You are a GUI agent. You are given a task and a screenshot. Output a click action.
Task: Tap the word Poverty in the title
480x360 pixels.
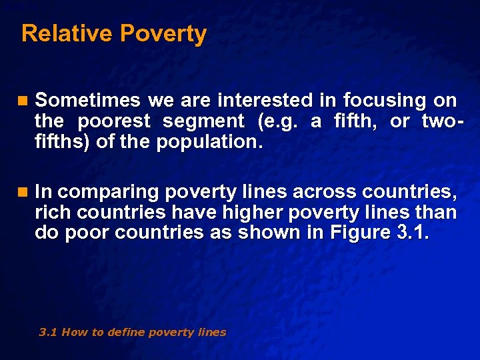point(163,33)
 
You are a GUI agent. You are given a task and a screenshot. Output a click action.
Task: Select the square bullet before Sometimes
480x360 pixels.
point(24,101)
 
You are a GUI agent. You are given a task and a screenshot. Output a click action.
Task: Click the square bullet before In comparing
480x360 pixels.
point(24,193)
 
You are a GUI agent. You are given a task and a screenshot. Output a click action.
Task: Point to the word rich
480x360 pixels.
point(53,213)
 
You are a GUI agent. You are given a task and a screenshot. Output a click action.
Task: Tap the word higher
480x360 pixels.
point(225,213)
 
